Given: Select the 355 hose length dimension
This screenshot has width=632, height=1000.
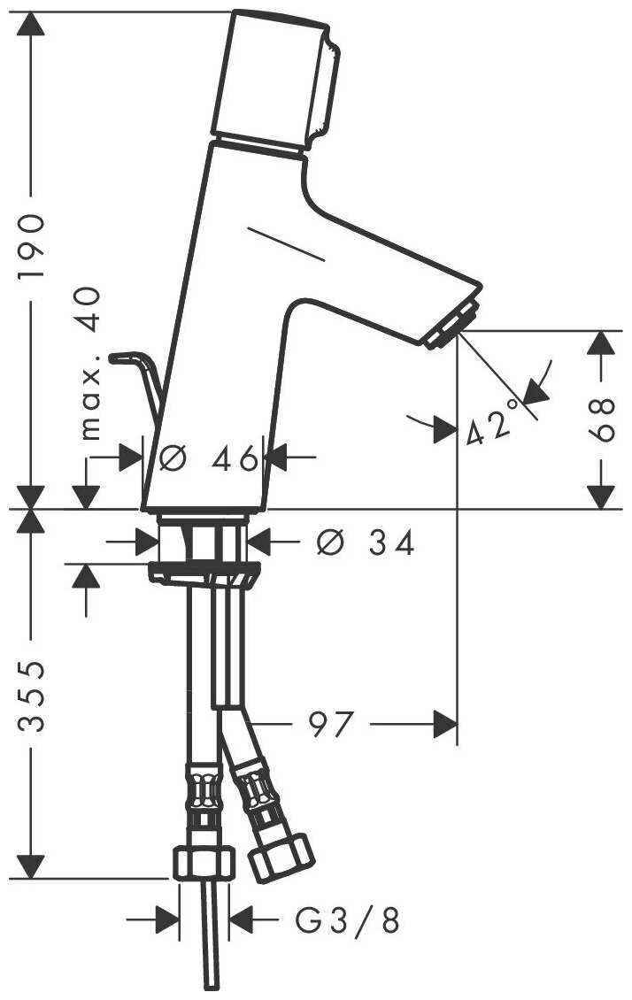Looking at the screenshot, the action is coord(31,696).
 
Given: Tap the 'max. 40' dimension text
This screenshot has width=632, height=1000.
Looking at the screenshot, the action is coord(91,364).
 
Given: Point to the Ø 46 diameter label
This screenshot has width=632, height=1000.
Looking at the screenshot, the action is coord(209,458).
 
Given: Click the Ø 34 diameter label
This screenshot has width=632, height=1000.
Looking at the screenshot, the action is coord(366,542).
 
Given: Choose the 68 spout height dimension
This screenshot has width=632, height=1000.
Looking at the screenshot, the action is coord(601,419).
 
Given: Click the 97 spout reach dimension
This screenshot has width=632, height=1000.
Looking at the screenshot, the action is coord(330,724).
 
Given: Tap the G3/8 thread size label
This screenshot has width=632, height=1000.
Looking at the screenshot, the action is coord(348,920).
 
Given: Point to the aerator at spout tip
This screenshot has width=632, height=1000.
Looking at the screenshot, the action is coord(452,325).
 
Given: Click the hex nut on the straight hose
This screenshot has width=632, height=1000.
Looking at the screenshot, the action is coord(204,863).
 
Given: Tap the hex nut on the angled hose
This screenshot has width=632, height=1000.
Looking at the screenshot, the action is coord(281,858).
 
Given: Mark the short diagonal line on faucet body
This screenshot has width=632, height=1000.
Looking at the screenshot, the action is coord(286,243).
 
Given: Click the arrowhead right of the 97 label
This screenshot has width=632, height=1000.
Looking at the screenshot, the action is coord(445,724).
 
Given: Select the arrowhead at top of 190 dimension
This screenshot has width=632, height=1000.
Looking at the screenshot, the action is coord(31,24).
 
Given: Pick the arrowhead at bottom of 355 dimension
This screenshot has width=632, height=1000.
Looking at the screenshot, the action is coord(31,866).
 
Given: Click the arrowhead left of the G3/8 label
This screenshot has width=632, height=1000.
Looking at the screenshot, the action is coord(167,919).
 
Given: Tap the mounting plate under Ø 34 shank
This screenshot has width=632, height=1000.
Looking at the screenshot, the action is coord(204,572).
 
